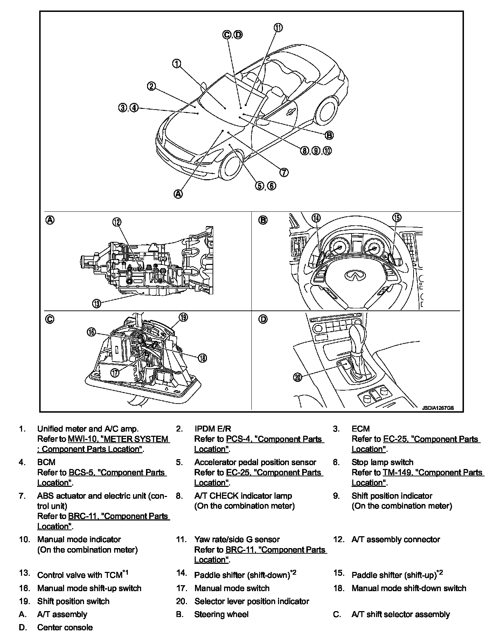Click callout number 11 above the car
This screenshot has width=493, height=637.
[278, 28]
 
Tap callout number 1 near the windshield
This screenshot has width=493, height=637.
[177, 63]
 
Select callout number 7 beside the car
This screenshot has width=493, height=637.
[284, 172]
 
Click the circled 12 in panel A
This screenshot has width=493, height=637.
[117, 222]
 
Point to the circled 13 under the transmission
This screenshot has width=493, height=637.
[97, 303]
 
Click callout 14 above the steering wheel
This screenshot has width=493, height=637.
[316, 218]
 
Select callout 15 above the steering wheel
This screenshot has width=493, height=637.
[396, 218]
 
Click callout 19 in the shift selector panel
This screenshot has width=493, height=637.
[183, 317]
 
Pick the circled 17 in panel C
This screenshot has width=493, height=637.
[115, 372]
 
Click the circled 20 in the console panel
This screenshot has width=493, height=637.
[298, 377]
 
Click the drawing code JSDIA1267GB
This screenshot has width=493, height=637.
[438, 408]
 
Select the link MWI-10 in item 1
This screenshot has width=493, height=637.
[83, 439]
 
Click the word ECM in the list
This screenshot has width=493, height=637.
[361, 429]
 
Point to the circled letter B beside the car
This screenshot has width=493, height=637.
[329, 135]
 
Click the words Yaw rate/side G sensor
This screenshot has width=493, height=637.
[237, 539]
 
